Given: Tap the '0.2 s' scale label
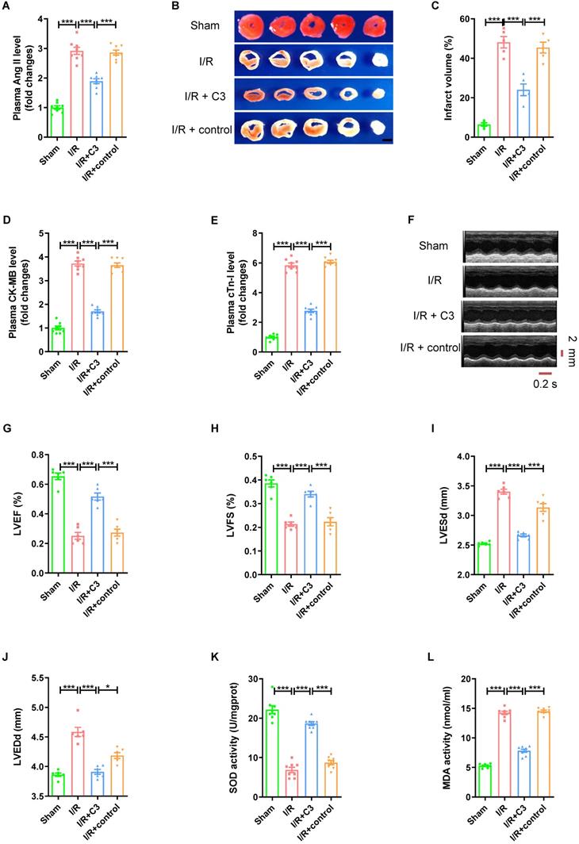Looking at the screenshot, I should pos(545,383).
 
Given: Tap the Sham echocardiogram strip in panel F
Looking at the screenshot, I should pos(512,244).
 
